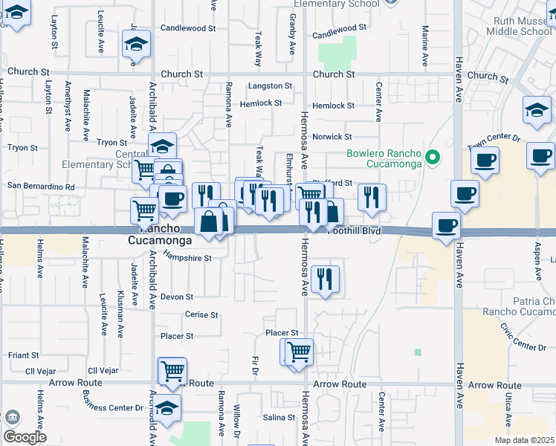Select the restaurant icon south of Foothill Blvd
coord(325,279)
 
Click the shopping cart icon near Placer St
coord(299,352)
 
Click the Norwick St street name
coord(332,137)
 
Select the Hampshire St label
coord(188,259)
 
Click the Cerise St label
coord(201,315)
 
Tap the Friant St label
coord(23,355)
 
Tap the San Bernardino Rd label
coord(41,187)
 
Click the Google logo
coord(25,437)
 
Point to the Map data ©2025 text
coord(524,440)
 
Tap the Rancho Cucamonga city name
coord(161,234)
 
